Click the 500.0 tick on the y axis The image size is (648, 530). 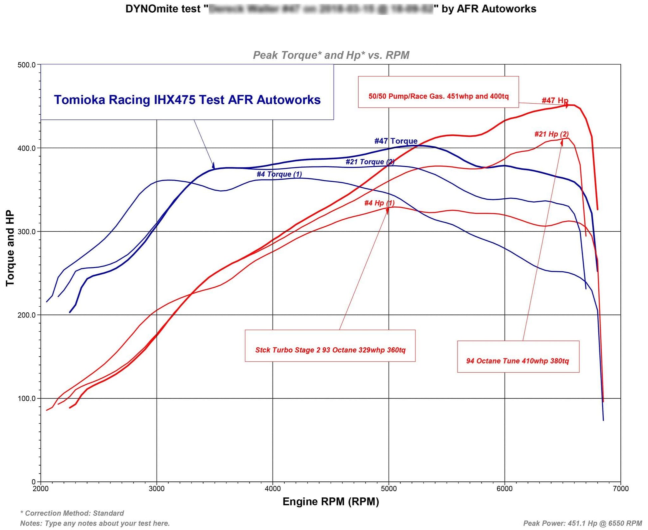point(26,65)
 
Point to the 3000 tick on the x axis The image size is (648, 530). point(157,489)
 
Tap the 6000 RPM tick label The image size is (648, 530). point(504,489)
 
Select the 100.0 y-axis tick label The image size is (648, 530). point(26,398)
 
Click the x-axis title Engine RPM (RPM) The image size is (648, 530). point(331,501)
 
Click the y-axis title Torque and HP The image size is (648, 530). point(10,248)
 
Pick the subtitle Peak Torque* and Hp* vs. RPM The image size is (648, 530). point(331,55)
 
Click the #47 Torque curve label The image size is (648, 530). point(396,141)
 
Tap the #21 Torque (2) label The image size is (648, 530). point(370,162)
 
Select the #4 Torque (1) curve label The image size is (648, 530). point(279,174)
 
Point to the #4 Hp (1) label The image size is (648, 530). point(379,203)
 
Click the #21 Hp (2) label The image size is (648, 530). point(551,134)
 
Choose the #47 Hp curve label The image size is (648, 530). point(555,100)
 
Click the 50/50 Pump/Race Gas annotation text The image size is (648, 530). point(438,96)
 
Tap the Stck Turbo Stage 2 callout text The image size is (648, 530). point(330,350)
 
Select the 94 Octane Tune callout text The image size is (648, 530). point(517,361)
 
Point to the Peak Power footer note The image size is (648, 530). point(582,523)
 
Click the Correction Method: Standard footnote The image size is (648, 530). point(72,513)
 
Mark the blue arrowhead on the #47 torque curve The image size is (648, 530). point(213,166)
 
